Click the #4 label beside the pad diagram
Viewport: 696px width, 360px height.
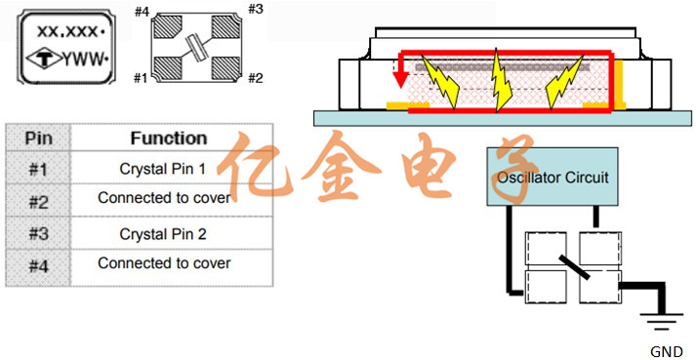tap(142, 12)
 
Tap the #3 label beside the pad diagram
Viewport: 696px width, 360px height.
tap(255, 10)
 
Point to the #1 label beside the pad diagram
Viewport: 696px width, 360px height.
tap(141, 79)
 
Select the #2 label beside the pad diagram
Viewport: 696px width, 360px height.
tap(256, 79)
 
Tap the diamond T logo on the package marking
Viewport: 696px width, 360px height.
tap(44, 60)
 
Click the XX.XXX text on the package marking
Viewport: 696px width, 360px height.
tap(68, 31)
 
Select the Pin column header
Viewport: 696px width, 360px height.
tap(38, 139)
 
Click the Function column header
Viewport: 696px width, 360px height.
tap(169, 139)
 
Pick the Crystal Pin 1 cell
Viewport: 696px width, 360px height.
tap(163, 169)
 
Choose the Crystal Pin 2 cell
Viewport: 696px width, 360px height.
tap(163, 234)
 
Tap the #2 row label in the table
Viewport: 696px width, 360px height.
tap(38, 202)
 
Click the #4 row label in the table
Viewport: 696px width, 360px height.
tap(38, 266)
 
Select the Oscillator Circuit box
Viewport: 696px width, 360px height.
tap(553, 177)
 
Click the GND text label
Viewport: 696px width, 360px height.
tap(667, 352)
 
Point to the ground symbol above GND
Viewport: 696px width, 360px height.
tap(662, 321)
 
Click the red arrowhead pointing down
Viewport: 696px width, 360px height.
tap(401, 81)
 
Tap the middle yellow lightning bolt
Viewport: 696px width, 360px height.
tap(501, 80)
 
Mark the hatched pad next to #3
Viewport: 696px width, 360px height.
tap(225, 27)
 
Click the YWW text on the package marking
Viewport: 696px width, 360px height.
tap(83, 60)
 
